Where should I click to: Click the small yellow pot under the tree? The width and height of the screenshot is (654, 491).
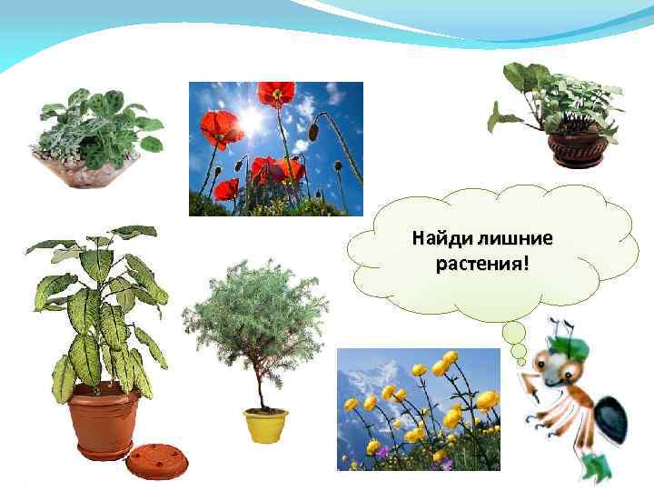pyautogui.click(x=265, y=425)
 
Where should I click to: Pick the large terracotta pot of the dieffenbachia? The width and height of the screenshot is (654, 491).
pyautogui.click(x=106, y=419)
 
